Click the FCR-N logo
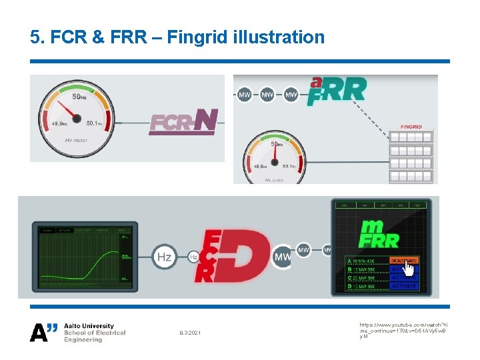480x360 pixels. [x=183, y=122]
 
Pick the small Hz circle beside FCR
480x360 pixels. [x=193, y=257]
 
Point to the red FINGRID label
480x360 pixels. [x=411, y=127]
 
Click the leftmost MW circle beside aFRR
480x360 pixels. [x=245, y=95]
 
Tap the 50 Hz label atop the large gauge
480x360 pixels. [x=79, y=97]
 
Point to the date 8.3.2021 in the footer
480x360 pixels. [x=190, y=333]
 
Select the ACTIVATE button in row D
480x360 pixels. [x=404, y=286]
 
